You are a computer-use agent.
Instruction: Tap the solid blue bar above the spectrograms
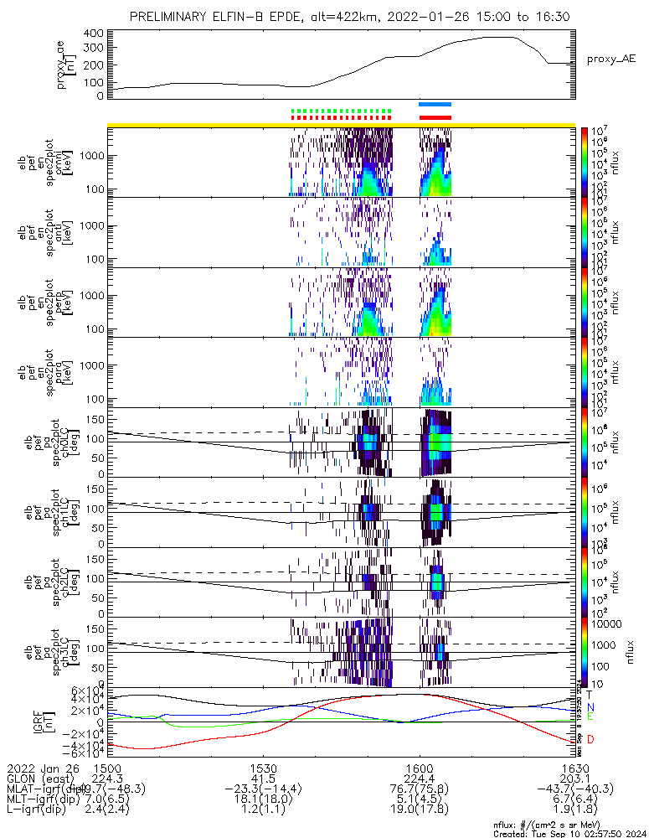coord(435,104)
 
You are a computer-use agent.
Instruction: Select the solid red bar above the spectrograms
coord(435,117)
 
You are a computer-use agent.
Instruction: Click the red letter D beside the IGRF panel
coord(590,739)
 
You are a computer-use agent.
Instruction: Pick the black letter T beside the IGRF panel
coord(590,695)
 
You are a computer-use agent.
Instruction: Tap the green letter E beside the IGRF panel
coord(590,717)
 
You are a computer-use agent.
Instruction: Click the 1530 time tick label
coord(263,767)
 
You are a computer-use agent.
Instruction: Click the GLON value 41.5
coord(263,778)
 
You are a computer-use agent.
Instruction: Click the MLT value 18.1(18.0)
coord(263,799)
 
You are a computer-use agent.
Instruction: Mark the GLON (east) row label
coord(42,778)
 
